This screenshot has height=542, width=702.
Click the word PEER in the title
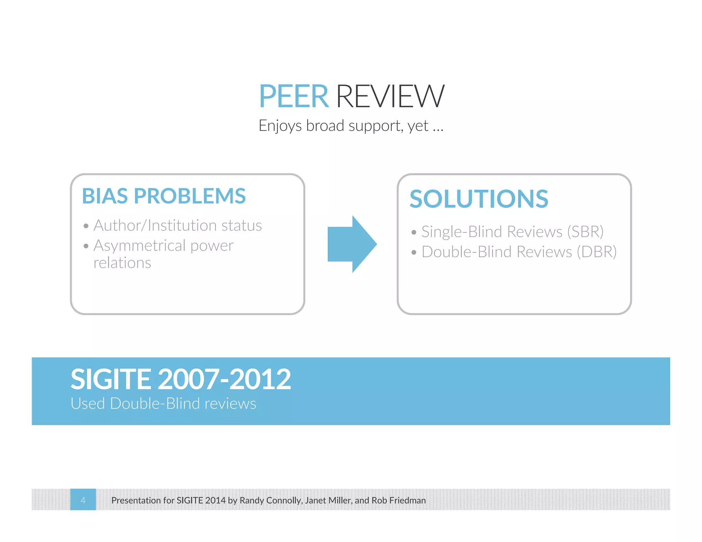294,97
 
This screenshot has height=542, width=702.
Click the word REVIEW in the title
390,97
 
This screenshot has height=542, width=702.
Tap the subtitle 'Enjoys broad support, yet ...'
351,126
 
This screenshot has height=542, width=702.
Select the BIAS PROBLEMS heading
164,196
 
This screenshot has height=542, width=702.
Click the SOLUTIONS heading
479,199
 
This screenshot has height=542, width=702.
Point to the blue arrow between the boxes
352,244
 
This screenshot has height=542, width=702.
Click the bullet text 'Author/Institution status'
178,226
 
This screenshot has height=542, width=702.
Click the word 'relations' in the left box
122,263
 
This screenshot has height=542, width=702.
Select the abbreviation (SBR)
585,232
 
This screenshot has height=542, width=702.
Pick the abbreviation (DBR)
596,252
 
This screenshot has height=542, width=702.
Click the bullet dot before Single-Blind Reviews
414,233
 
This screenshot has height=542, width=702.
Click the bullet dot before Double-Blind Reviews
414,253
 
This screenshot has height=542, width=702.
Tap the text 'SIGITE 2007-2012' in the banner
180,379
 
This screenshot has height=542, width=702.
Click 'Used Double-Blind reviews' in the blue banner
163,404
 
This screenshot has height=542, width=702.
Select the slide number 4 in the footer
83,500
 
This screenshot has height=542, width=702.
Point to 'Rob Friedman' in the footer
399,501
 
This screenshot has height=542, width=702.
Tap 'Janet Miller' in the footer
328,501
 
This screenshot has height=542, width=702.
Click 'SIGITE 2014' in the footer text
201,501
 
